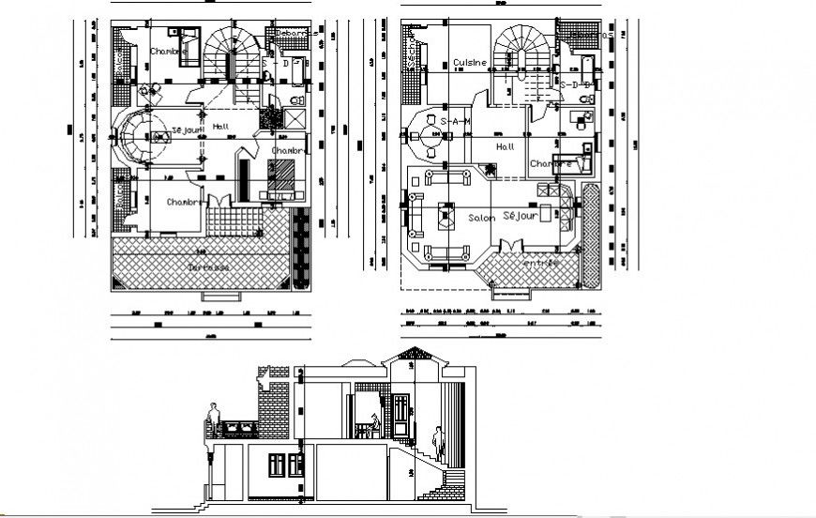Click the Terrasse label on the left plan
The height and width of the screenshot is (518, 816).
(x=208, y=267)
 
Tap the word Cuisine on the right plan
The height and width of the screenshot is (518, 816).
(x=470, y=63)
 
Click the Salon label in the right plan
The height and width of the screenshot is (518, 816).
(x=480, y=217)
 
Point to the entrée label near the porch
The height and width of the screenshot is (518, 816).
(x=540, y=264)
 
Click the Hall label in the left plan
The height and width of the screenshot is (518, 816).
(x=220, y=127)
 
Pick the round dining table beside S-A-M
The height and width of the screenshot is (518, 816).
(x=431, y=135)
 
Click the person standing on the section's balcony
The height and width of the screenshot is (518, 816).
(x=215, y=419)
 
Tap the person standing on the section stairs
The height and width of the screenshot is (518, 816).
(x=437, y=443)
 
